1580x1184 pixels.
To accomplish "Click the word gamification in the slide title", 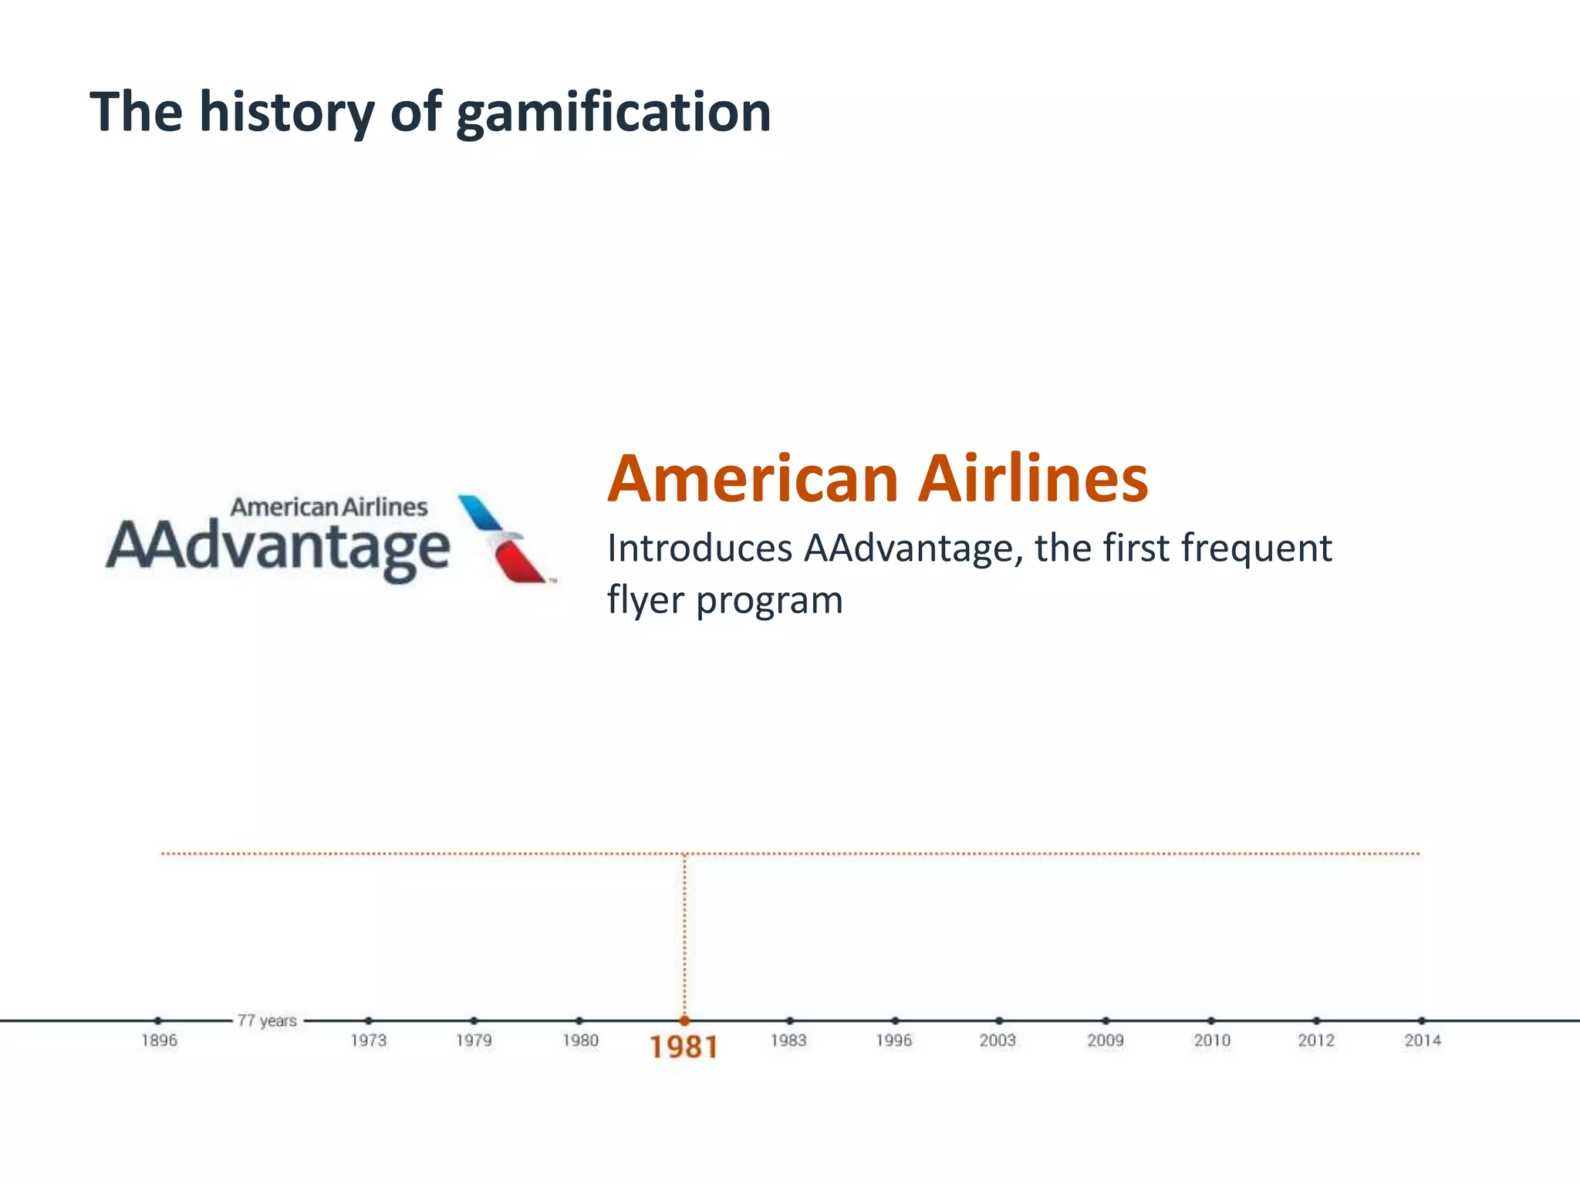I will coord(613,113).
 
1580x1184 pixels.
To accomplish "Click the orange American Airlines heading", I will coord(877,479).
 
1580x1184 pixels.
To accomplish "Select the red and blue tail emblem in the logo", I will coord(503,538).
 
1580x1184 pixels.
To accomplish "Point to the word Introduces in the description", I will coord(699,548).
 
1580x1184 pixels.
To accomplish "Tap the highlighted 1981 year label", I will coord(684,1047).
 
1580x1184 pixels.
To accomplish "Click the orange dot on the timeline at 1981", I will coord(684,1020).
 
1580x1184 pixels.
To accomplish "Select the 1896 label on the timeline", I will coord(159,1041).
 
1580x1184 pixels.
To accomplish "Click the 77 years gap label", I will coord(267,1020).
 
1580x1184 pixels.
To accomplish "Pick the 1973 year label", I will coord(368,1041).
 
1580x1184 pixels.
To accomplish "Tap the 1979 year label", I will coord(474,1041).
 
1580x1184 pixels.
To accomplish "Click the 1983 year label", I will coord(788,1041).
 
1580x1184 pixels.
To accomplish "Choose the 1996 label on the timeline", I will coord(893,1041).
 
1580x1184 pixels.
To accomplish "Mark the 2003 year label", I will coord(998,1041).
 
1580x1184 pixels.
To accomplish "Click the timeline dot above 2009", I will coord(1106,1020).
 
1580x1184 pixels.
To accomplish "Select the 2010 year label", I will coord(1211,1041).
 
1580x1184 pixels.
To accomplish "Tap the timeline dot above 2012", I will coord(1316,1020).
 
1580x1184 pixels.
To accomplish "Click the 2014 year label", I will coord(1422,1041).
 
